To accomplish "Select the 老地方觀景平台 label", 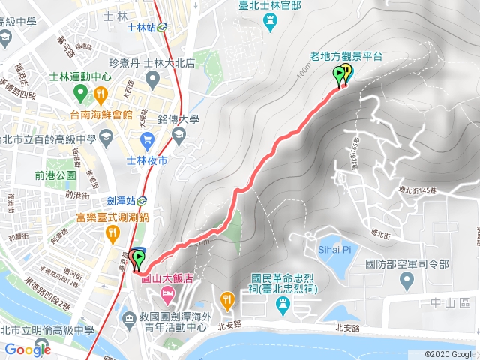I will (346, 55).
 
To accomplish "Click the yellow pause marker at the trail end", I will (348, 73).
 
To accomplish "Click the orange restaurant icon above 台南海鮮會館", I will (100, 94).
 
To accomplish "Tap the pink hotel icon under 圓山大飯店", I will (163, 292).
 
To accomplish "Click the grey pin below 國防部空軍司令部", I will (406, 280).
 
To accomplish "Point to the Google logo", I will (28, 349).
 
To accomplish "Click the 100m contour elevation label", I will (303, 71).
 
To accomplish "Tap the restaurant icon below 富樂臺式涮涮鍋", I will (111, 233).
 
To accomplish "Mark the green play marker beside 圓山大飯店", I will (138, 260).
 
